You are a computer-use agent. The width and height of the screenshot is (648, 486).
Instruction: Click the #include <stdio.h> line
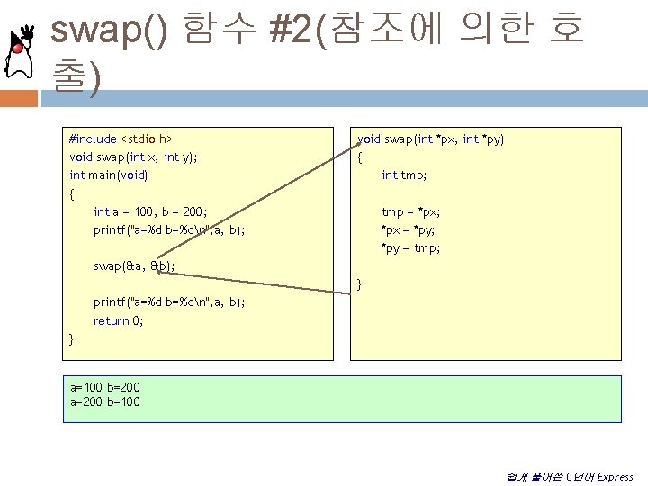121,139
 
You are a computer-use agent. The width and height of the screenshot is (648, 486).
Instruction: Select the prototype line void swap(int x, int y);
133,157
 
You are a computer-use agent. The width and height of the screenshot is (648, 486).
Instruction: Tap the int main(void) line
108,175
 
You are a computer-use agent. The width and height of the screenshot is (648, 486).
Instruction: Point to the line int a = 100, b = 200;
150,211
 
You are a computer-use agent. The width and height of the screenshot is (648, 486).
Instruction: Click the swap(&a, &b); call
134,265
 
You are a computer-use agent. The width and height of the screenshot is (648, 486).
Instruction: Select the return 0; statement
118,320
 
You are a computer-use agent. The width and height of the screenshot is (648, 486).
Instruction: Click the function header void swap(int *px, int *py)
431,139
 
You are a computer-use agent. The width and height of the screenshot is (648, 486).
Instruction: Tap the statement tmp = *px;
410,211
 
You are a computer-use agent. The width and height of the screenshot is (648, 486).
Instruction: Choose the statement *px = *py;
410,229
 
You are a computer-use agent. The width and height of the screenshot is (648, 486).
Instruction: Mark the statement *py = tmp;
410,247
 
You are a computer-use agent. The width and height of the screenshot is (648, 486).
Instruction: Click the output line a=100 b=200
105,388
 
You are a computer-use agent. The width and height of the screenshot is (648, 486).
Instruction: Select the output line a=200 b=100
105,401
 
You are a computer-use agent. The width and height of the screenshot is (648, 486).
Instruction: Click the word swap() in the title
108,31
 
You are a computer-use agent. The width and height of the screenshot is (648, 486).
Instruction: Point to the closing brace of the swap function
360,284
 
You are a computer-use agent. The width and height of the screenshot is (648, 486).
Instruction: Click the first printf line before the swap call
169,229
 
